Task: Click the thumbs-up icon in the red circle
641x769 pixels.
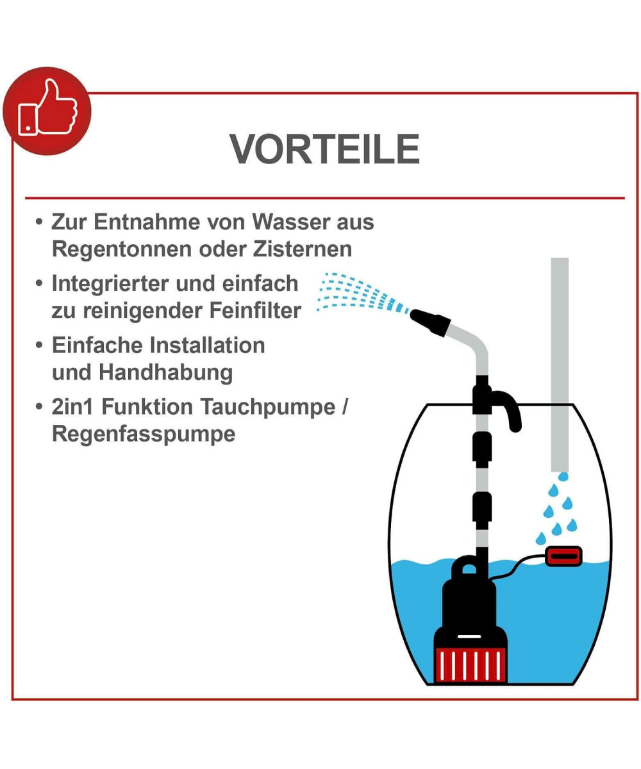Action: [x=47, y=108]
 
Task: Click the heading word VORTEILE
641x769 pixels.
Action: [x=324, y=149]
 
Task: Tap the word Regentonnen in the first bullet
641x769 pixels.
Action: [x=122, y=250]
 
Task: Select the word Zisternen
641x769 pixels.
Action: [x=302, y=249]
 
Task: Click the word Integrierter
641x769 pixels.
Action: [x=110, y=285]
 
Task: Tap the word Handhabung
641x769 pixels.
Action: [x=166, y=373]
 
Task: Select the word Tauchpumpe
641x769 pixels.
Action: [x=268, y=408]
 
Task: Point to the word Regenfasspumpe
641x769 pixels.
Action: [x=144, y=434]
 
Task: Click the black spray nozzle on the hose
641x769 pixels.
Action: [x=430, y=322]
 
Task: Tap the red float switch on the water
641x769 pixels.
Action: [x=563, y=556]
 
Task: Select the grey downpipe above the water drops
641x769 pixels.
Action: [x=560, y=365]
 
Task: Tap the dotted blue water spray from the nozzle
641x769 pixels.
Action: [x=363, y=294]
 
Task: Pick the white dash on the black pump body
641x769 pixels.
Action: [x=469, y=636]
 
